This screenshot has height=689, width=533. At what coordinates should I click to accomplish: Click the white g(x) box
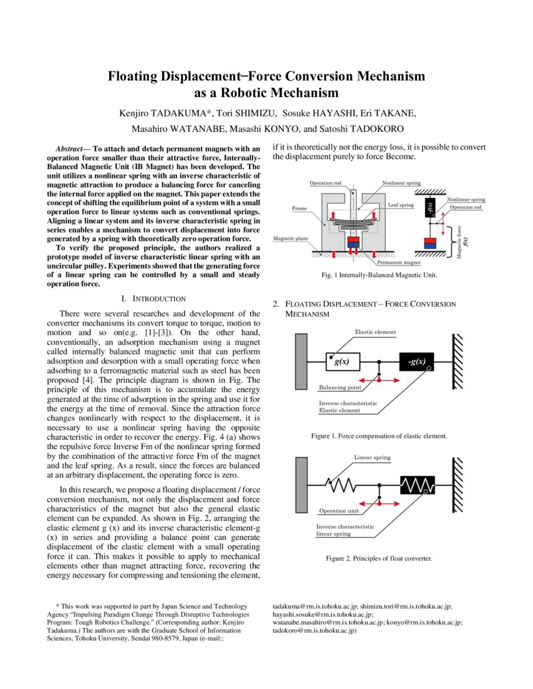pos(342,362)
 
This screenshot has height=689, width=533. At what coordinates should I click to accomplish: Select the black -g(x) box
pos(417,362)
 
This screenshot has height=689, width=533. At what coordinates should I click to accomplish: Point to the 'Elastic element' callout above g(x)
pos(375,331)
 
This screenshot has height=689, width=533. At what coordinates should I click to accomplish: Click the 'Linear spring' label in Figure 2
pos(372,458)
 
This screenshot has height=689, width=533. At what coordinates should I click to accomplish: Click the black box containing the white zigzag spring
pos(417,485)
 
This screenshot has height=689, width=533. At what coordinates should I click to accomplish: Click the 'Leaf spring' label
pos(401,205)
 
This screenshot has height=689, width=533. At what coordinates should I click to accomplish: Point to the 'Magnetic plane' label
pos(290,239)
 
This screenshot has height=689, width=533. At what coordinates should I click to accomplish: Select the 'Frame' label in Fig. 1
pos(299,207)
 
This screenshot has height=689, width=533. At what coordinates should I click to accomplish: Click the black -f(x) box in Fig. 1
pos(430,208)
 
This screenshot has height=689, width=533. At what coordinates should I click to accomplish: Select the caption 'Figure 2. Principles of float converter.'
pos(379,558)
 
